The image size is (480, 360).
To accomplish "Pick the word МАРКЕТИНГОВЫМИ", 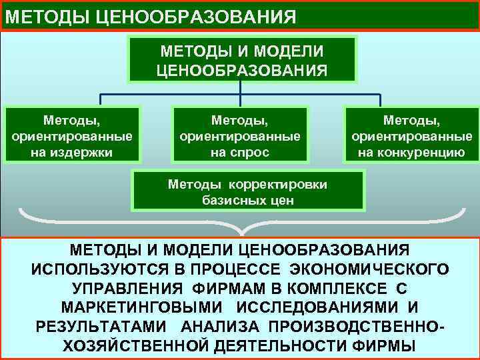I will point(142,308).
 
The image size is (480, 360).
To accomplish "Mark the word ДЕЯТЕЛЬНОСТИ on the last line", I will point(285,347).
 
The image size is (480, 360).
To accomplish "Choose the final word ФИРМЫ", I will point(389,347).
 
